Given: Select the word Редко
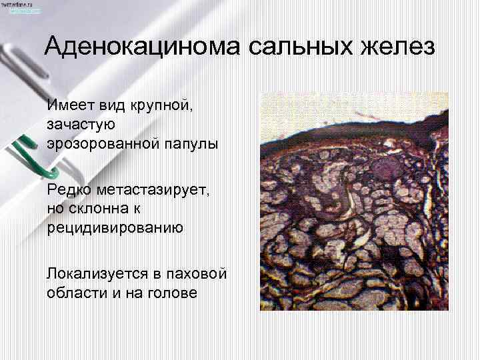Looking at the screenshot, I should pos(66,191).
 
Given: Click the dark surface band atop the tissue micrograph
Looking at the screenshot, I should pos(353,134).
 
